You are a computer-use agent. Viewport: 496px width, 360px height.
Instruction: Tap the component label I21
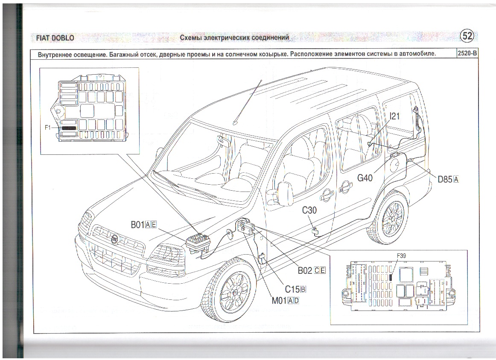pos(395,116)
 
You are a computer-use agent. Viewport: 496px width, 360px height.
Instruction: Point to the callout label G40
pos(365,177)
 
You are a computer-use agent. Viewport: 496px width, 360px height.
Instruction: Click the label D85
pos(445,180)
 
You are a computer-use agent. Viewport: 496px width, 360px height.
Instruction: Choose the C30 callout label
pos(309,210)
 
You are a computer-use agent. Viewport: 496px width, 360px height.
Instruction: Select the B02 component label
pos(305,270)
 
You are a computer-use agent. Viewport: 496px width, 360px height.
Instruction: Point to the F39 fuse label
pos(401,255)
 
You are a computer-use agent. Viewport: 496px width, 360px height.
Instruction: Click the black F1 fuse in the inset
pos(68,128)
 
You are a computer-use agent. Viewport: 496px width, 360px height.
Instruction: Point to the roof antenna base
pos(234,122)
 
